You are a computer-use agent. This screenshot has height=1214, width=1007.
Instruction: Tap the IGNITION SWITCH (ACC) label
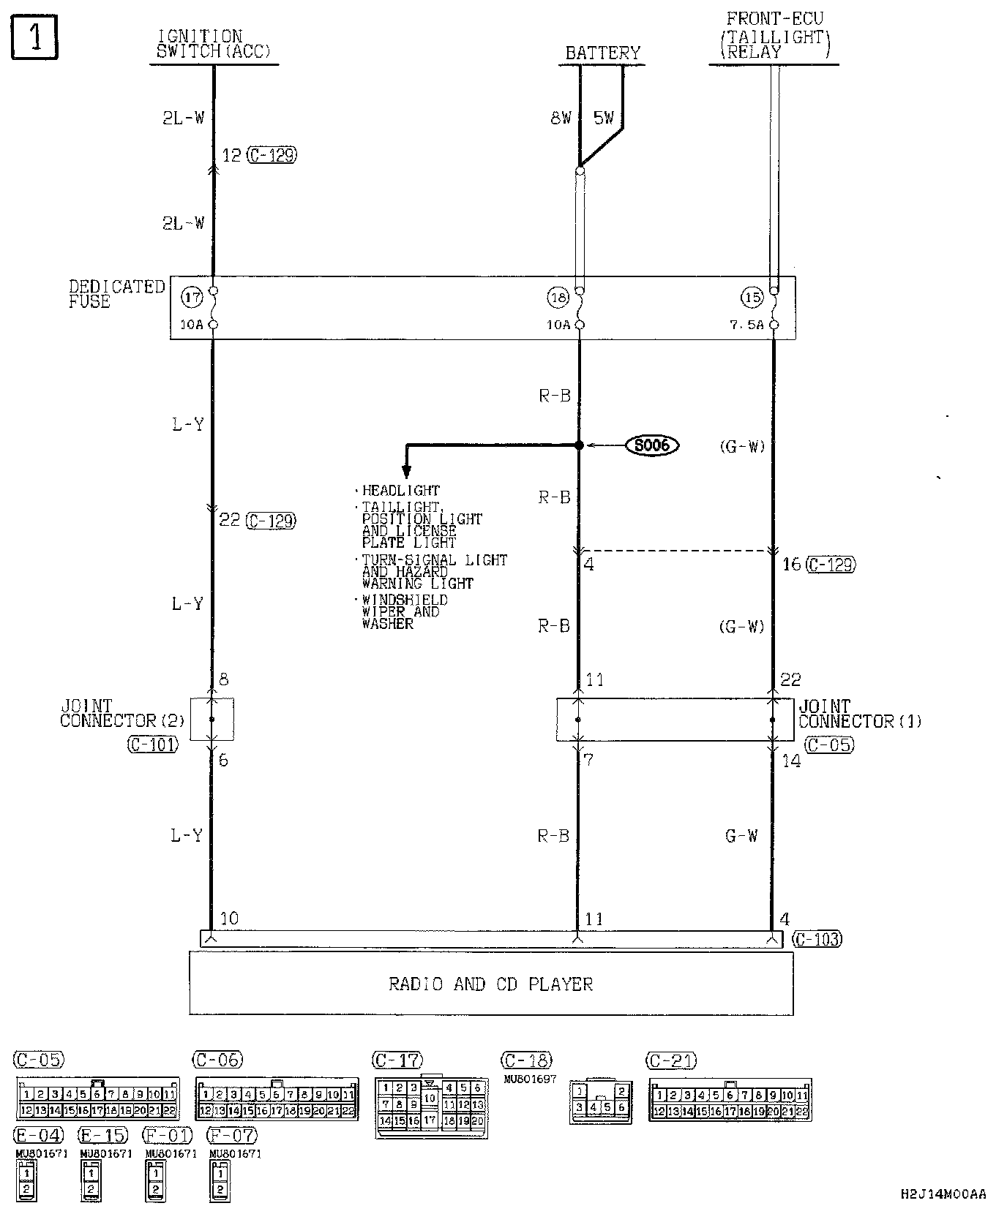pyautogui.click(x=213, y=45)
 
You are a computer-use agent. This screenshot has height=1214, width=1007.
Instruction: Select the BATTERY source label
pyautogui.click(x=602, y=53)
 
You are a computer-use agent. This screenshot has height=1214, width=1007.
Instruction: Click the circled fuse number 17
pyautogui.click(x=192, y=298)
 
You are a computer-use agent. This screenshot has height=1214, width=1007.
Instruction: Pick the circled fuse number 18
pyautogui.click(x=558, y=298)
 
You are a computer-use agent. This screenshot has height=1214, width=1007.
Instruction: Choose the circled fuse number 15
pyautogui.click(x=752, y=298)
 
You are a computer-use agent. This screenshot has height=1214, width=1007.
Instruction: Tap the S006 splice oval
pyautogui.click(x=652, y=445)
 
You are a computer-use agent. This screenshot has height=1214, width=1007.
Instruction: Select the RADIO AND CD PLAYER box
pyautogui.click(x=491, y=984)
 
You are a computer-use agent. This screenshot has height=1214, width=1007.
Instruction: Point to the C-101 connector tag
pyautogui.click(x=152, y=745)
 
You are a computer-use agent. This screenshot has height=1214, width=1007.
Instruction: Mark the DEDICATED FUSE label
pyautogui.click(x=116, y=294)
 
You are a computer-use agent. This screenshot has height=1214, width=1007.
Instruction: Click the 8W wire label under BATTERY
pyautogui.click(x=561, y=118)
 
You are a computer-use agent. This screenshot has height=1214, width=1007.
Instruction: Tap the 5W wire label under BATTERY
pyautogui.click(x=604, y=118)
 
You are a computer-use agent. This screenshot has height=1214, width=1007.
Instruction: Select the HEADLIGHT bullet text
pyautogui.click(x=400, y=491)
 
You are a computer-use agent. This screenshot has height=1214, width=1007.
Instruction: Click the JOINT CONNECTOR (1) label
pyautogui.click(x=859, y=714)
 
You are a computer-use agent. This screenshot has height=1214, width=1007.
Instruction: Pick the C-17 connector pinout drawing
pyautogui.click(x=432, y=1105)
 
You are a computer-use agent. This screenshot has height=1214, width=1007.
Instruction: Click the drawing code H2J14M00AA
pyautogui.click(x=943, y=1194)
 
